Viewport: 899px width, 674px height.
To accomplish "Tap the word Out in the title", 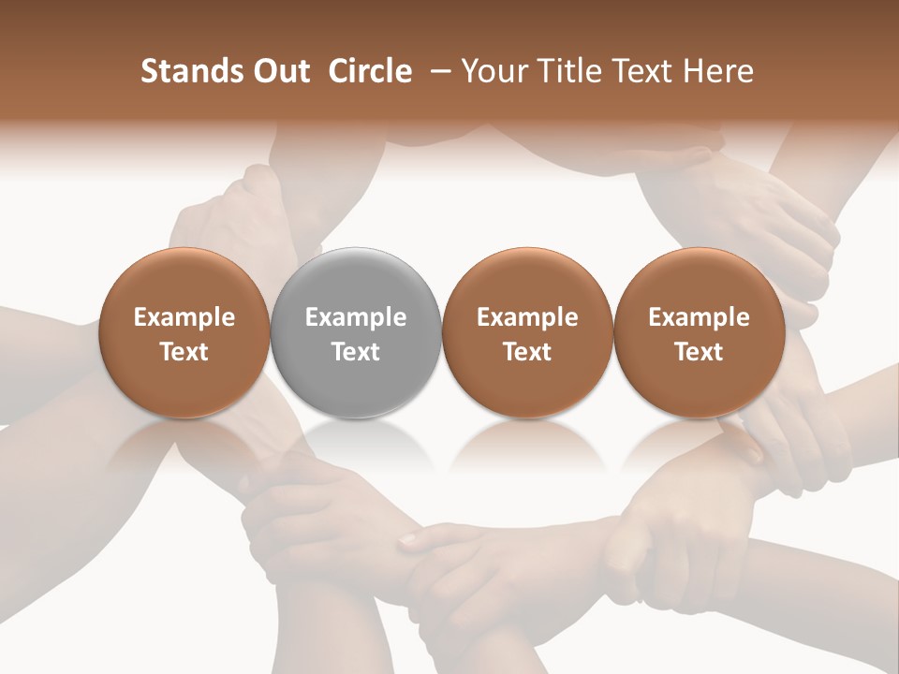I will point(278,71).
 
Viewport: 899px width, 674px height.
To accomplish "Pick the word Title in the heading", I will point(561,71).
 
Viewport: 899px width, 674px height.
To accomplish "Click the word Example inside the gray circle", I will point(356,317).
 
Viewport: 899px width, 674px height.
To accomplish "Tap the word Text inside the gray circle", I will point(356,352).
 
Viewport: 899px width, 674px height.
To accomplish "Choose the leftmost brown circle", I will point(184,332).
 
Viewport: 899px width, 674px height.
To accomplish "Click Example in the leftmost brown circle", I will point(184,317).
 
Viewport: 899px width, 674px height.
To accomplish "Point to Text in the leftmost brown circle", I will point(184,352).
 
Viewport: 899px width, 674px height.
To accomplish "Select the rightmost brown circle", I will point(699,332).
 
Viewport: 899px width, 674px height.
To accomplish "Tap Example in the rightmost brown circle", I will point(699,317).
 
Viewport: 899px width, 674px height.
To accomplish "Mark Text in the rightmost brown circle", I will point(699,352).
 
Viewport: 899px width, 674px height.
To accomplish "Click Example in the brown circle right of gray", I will point(527,317).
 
